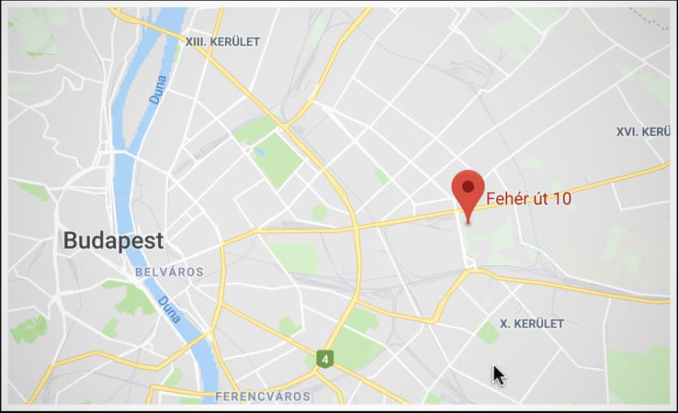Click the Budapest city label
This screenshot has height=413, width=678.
(113, 241)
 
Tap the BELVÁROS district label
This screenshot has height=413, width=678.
(168, 273)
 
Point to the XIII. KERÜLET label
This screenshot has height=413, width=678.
(223, 41)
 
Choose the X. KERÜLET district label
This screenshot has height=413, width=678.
(531, 324)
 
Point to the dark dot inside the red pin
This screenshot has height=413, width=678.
(469, 186)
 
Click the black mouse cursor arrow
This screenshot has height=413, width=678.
(497, 374)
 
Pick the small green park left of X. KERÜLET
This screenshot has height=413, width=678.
(488, 331)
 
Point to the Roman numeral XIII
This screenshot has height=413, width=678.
(195, 41)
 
